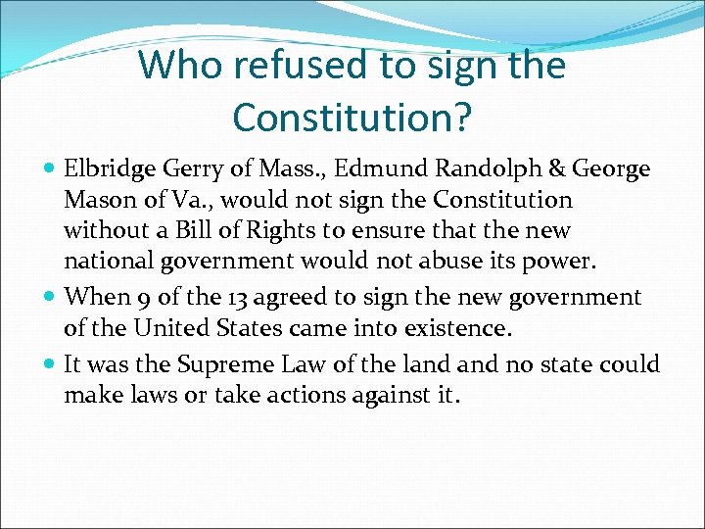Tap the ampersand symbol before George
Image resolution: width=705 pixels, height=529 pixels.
tap(556, 169)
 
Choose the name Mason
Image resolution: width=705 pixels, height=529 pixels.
tap(95, 201)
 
